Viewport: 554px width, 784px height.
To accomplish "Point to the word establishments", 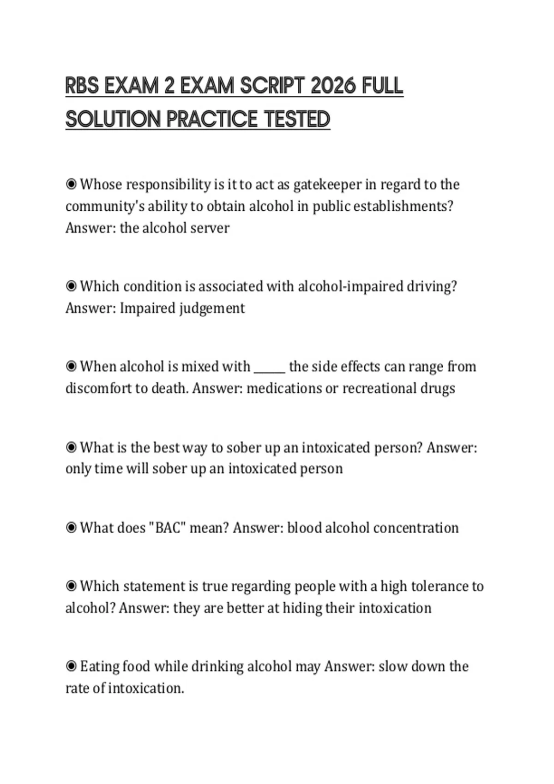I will [x=402, y=206].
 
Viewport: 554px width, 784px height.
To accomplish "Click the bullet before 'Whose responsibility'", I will [x=71, y=184].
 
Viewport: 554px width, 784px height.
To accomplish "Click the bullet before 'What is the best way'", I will [x=71, y=447].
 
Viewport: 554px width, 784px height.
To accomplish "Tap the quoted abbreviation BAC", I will [x=167, y=528].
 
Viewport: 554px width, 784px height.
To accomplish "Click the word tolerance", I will [x=439, y=586].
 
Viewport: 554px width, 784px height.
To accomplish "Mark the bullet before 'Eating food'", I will [x=71, y=666].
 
